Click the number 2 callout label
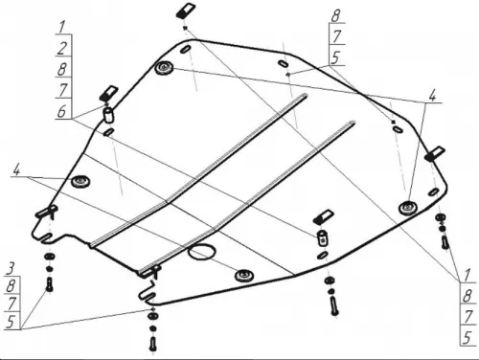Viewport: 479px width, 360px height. pyautogui.click(x=62, y=48)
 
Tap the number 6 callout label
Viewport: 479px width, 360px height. pyautogui.click(x=61, y=111)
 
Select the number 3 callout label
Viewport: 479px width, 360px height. pyautogui.click(x=10, y=269)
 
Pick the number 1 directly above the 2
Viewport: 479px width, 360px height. pyautogui.click(x=62, y=28)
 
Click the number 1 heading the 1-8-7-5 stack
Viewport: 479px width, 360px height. pyautogui.click(x=467, y=276)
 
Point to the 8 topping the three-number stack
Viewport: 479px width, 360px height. pyautogui.click(x=335, y=16)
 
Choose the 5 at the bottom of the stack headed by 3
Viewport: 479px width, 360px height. pyautogui.click(x=11, y=322)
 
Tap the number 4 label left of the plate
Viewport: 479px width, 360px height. pyautogui.click(x=16, y=170)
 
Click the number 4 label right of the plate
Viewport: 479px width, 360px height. pyautogui.click(x=432, y=96)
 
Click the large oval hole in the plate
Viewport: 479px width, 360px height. pyautogui.click(x=201, y=252)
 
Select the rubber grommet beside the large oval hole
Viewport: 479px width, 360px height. pyautogui.click(x=244, y=275)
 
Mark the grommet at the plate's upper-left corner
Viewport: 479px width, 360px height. pyautogui.click(x=164, y=68)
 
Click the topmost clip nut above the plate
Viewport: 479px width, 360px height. pyautogui.click(x=186, y=11)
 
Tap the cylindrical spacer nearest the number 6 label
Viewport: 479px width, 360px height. pyautogui.click(x=108, y=115)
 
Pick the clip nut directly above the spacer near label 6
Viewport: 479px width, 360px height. pyautogui.click(x=109, y=93)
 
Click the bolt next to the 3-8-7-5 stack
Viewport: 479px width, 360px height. pyautogui.click(x=50, y=284)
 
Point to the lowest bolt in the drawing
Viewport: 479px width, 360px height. pyautogui.click(x=153, y=345)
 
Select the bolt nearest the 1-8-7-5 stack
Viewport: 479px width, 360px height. pyautogui.click(x=445, y=243)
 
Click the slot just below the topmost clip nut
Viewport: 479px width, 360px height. pyautogui.click(x=186, y=49)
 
